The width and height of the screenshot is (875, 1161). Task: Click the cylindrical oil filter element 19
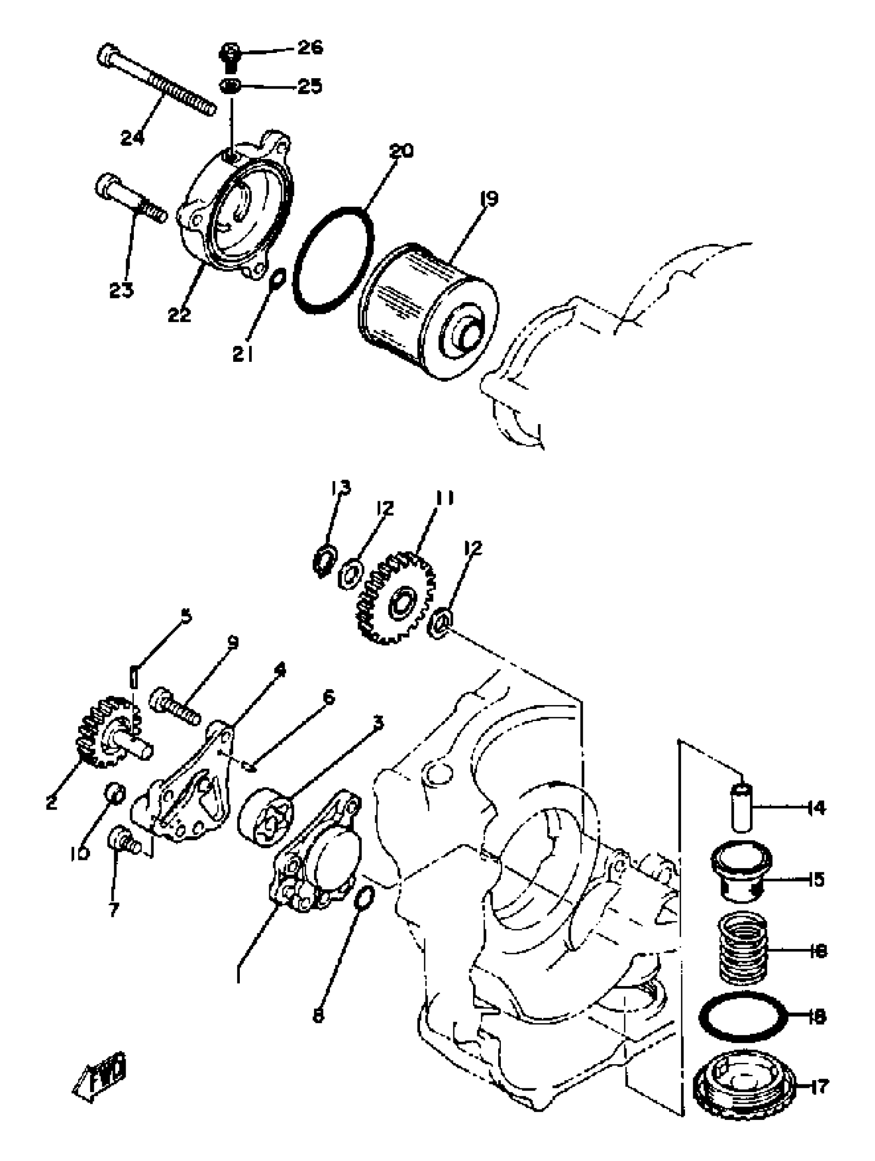coord(428,312)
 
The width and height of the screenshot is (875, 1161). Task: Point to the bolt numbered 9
coord(175,707)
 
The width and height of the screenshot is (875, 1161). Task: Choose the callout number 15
coord(813,878)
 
